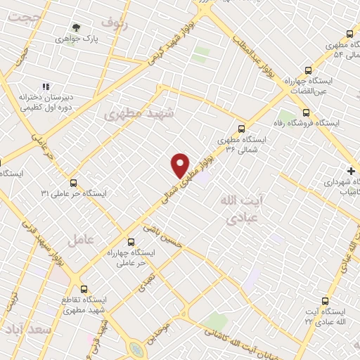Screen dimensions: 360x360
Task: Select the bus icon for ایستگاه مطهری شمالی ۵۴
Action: (x=350, y=34)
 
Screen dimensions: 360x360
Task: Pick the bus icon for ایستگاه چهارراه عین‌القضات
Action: (x=307, y=70)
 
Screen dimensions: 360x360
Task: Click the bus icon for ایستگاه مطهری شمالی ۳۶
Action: (x=241, y=128)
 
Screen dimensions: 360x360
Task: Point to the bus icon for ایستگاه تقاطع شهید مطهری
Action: (x=84, y=288)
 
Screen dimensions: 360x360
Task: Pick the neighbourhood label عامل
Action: (x=81, y=240)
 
